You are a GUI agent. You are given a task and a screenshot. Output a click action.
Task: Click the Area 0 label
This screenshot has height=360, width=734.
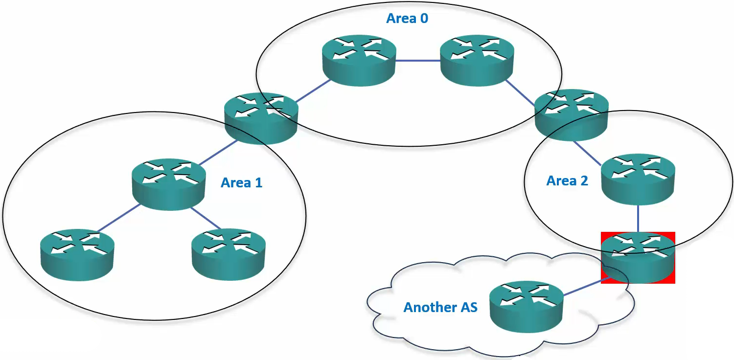click(407, 19)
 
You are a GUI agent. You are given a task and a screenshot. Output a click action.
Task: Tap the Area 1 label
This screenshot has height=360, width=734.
click(241, 183)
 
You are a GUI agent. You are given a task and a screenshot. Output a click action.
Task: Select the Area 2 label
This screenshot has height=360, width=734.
click(567, 181)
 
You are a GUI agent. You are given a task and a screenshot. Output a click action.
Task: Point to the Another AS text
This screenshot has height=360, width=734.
click(440, 307)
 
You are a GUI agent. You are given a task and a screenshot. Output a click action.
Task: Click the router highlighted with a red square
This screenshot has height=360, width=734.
click(638, 258)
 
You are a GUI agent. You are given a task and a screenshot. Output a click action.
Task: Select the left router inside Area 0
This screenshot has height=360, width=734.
click(359, 61)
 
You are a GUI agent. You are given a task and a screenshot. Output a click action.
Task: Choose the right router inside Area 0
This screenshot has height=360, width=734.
click(477, 61)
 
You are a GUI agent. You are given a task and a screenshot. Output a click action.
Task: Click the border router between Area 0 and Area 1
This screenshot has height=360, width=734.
click(261, 118)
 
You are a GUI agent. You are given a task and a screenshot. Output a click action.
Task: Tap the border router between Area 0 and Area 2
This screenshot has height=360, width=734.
click(571, 114)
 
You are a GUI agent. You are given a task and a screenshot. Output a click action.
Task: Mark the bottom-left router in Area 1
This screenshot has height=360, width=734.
click(77, 254)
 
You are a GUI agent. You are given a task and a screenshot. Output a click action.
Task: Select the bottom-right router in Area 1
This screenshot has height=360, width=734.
click(229, 254)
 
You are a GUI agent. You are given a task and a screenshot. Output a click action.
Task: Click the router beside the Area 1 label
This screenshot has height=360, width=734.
click(169, 184)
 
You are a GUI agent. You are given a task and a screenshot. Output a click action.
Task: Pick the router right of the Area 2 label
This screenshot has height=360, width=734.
click(638, 179)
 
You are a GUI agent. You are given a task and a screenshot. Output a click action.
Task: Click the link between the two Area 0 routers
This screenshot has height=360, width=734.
click(417, 61)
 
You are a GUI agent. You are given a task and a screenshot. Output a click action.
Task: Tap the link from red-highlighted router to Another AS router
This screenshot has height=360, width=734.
click(582, 288)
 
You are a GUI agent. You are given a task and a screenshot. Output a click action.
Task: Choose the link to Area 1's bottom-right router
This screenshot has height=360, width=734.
click(206, 218)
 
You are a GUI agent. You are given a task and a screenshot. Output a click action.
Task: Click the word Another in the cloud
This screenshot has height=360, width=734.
click(424, 307)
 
